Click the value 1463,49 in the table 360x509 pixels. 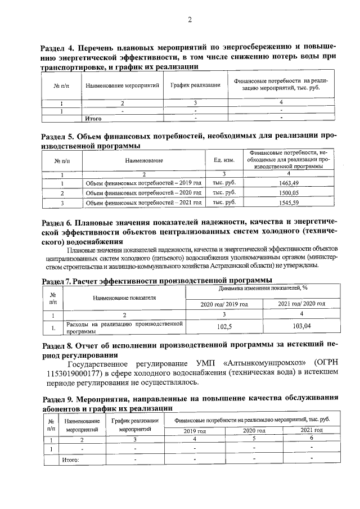[x=288, y=183]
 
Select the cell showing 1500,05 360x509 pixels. [x=288, y=193]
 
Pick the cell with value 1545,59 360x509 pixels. [x=288, y=202]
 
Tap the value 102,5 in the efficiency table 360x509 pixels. [x=224, y=326]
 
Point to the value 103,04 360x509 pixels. [x=302, y=326]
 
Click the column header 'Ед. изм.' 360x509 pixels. [x=224, y=160]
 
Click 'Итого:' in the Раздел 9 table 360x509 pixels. [x=70, y=461]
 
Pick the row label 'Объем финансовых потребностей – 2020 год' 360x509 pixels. [x=135, y=193]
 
